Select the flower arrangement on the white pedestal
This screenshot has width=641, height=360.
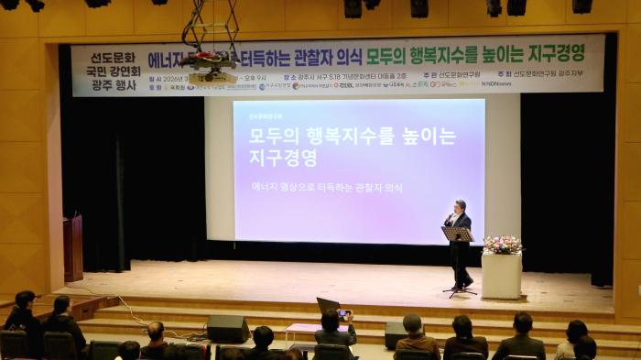click(502, 245)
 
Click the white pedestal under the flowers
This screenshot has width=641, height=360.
click(501, 276)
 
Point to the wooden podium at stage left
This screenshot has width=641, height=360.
click(72, 247)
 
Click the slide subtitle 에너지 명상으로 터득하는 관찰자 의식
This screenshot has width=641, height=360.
click(327, 187)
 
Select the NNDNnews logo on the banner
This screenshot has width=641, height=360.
click(496, 83)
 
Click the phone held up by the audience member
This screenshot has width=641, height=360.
click(343, 313)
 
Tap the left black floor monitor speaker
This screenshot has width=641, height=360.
click(228, 328)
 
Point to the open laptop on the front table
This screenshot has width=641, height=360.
click(328, 304)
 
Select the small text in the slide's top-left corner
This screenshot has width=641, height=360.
click(266, 116)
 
